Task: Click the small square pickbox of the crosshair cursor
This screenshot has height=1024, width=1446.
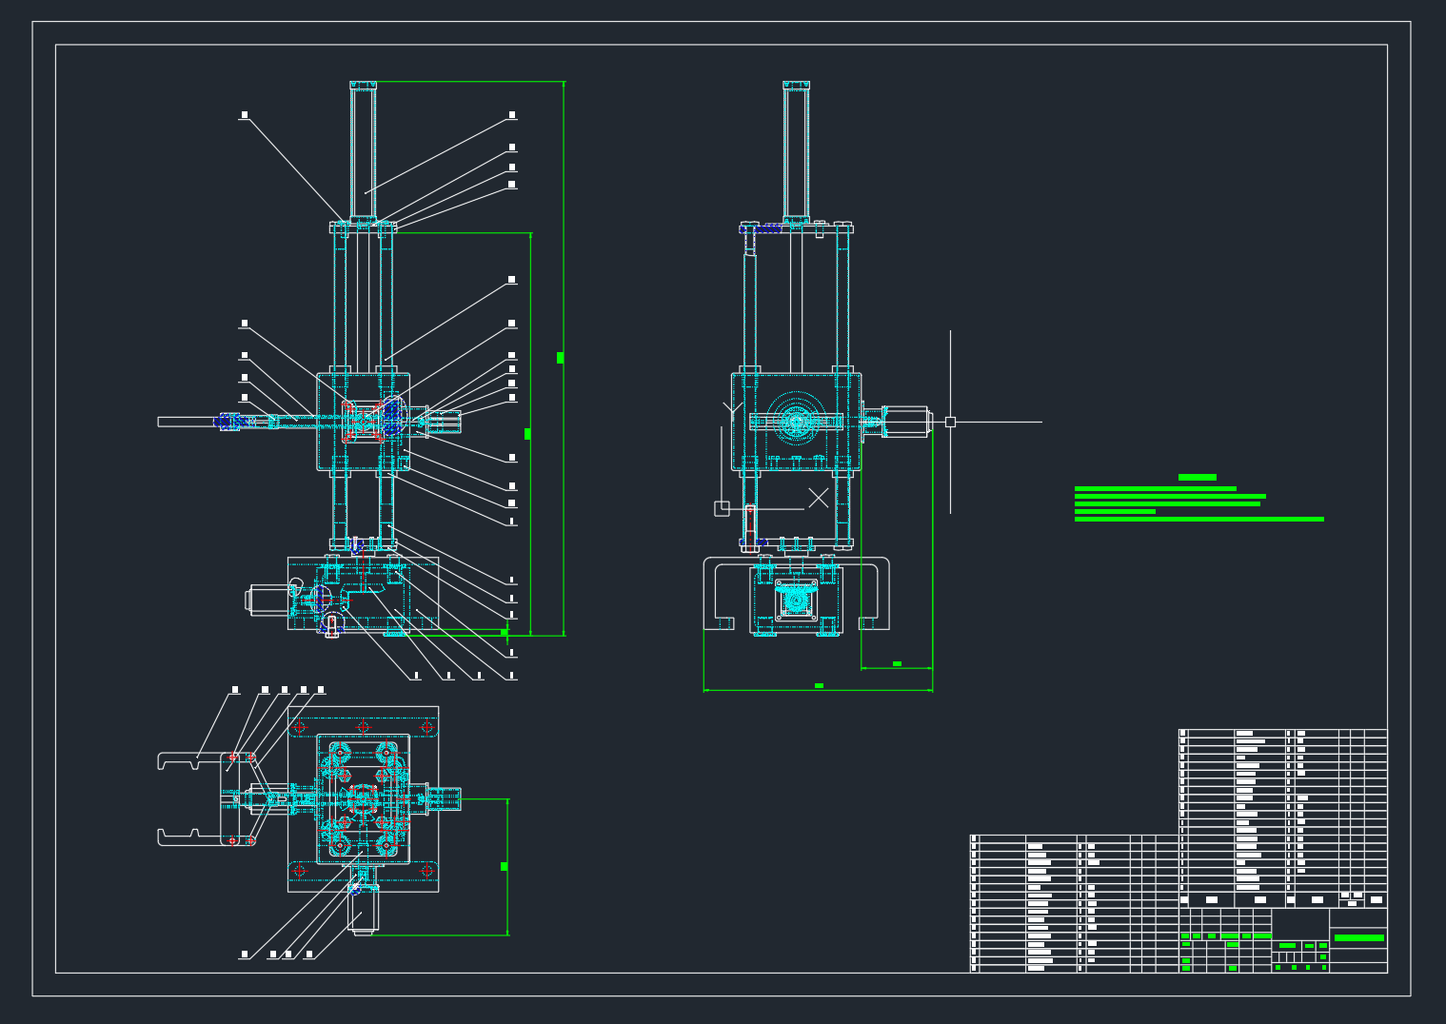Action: pos(950,422)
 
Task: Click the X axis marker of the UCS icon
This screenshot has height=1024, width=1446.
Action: pos(819,498)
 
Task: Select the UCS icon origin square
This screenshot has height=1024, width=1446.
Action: pos(722,509)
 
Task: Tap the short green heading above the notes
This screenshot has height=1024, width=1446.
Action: pos(1197,478)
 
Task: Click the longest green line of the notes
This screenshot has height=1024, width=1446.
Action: pos(1198,520)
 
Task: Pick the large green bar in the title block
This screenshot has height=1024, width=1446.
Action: pos(1358,938)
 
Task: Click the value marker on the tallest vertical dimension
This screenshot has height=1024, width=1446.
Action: pos(560,358)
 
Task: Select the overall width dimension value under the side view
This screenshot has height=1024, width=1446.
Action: pos(819,685)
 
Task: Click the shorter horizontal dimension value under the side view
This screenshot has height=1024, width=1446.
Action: pos(897,663)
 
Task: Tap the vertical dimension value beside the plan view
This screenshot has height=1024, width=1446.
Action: pos(504,866)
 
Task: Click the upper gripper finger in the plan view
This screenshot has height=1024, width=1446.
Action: pos(190,760)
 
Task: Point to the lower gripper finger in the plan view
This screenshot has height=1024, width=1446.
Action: pos(190,837)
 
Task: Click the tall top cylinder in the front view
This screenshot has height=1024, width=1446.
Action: pos(363,152)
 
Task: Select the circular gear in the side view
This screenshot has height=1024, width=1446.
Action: pos(796,422)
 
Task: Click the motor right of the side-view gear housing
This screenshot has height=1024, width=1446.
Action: pos(905,422)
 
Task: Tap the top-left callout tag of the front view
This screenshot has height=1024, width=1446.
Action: pos(245,115)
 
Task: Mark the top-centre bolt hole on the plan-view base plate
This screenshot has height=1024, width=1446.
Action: pos(363,727)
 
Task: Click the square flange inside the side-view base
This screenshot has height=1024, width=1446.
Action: pos(796,600)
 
